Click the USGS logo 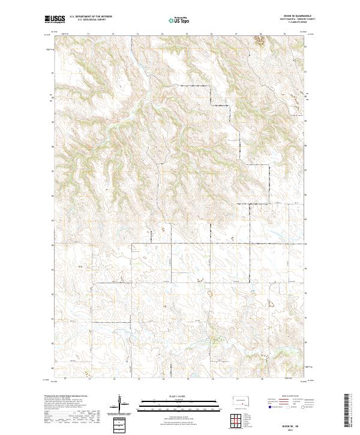point(55,19)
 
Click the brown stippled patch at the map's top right point(260,40)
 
